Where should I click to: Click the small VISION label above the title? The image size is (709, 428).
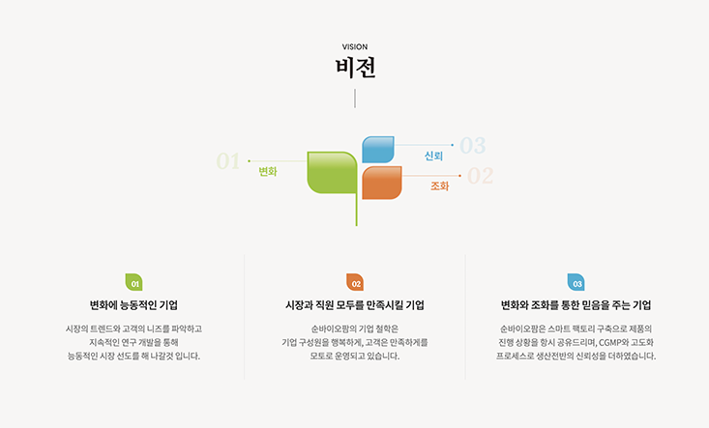click(x=355, y=47)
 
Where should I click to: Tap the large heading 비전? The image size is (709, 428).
click(x=355, y=68)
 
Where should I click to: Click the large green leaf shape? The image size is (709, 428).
click(x=332, y=173)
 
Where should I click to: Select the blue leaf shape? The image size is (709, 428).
click(x=378, y=150)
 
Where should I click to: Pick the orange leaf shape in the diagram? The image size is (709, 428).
click(x=382, y=183)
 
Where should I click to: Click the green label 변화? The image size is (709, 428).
click(x=268, y=172)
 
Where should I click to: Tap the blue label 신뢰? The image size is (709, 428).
click(x=433, y=156)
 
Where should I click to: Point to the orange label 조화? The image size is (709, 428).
click(x=439, y=186)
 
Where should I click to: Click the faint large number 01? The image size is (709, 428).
click(x=228, y=161)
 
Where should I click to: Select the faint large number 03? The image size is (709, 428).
click(x=473, y=145)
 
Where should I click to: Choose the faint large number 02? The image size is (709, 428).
click(x=480, y=176)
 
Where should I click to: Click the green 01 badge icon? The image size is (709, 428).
click(x=133, y=282)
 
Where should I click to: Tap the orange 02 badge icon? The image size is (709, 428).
click(x=355, y=282)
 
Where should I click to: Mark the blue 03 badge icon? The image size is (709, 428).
click(x=576, y=282)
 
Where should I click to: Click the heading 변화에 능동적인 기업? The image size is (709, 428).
click(x=133, y=305)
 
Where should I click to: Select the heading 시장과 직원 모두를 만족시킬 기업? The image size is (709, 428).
click(x=355, y=305)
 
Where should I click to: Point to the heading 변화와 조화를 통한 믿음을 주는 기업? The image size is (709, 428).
click(x=576, y=305)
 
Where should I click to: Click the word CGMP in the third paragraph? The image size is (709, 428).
click(x=610, y=342)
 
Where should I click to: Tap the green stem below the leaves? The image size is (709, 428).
click(x=356, y=210)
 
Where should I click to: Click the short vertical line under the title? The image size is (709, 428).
click(x=355, y=99)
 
